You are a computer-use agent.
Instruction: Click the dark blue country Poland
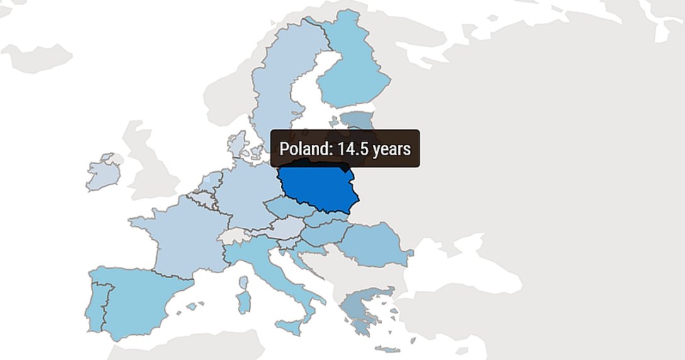(x=318, y=189)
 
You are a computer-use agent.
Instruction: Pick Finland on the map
(x=353, y=76)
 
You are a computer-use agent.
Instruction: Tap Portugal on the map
(x=96, y=308)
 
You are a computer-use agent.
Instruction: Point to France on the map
(x=183, y=236)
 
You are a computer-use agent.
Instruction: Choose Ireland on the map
(x=102, y=173)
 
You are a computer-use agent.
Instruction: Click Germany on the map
(x=246, y=195)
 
